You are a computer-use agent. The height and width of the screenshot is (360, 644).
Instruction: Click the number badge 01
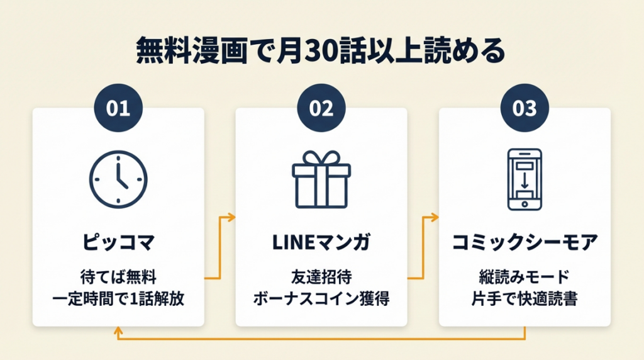(x=118, y=108)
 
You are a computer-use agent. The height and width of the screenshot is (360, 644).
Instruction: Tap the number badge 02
(x=321, y=108)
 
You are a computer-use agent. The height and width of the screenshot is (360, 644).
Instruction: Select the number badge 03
(x=525, y=108)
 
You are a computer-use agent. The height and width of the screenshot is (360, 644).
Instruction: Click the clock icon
(x=118, y=178)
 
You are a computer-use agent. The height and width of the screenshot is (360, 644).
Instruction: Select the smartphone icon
(x=525, y=179)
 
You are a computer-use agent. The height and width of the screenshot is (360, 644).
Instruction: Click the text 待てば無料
(x=118, y=276)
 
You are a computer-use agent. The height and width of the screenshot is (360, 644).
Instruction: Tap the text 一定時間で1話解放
(x=118, y=298)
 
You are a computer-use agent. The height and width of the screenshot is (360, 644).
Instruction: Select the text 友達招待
(x=321, y=276)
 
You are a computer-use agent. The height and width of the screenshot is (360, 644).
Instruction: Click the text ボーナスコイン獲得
(x=321, y=298)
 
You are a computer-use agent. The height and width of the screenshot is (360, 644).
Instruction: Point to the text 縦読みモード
(x=525, y=276)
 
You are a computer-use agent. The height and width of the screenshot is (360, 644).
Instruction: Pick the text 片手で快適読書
(x=525, y=298)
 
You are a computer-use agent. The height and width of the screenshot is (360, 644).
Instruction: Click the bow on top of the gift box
(x=321, y=158)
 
